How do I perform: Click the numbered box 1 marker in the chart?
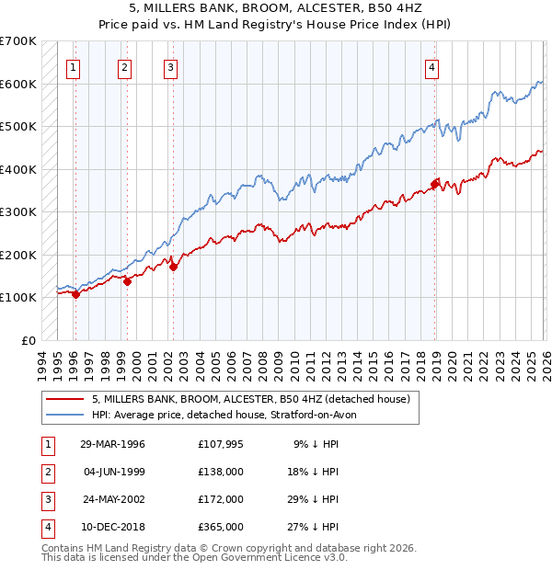pos(73,66)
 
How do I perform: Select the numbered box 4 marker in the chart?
pos(431,66)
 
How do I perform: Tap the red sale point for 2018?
pos(435,182)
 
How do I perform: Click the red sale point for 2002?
pos(173,267)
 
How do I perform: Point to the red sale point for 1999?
pos(127,282)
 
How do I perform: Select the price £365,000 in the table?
pos(221,527)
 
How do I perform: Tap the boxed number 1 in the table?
pos(47,444)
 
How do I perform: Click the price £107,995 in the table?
pos(221,444)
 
